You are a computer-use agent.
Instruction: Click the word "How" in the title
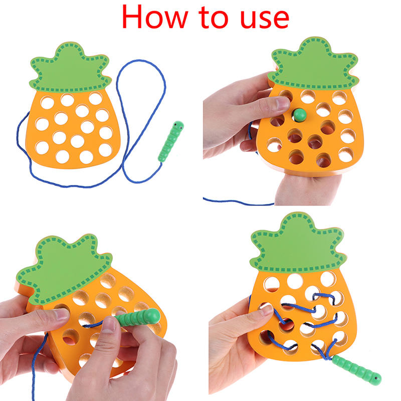155,17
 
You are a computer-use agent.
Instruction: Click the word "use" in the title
265,19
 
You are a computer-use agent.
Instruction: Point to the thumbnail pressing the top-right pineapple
283,104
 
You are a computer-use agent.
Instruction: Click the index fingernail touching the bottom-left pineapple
62,314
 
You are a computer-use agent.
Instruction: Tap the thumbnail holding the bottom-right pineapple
267,309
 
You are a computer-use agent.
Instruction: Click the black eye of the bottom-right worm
376,378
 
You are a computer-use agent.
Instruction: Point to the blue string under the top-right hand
238,202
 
